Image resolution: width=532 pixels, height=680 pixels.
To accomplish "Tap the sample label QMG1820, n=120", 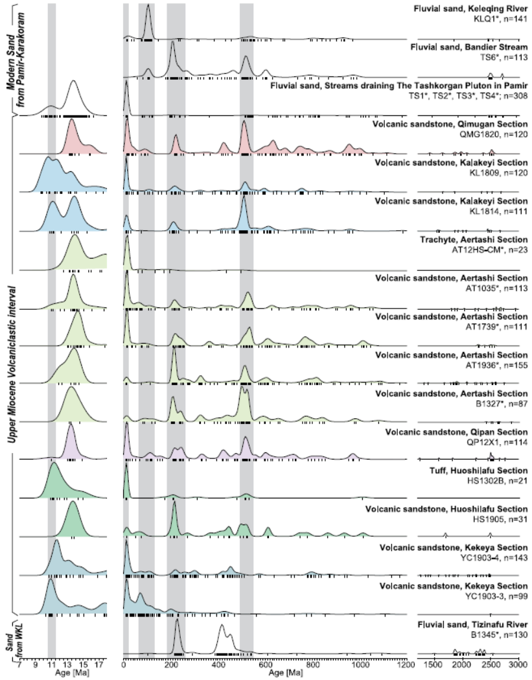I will pos(490,134).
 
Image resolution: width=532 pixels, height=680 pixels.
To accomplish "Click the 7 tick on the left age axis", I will pos(20,666).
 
